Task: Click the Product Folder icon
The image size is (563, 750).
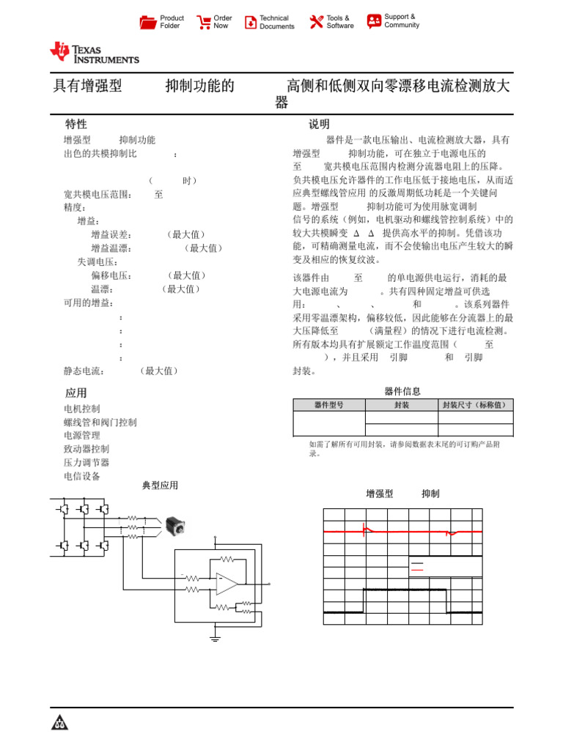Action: [x=148, y=22]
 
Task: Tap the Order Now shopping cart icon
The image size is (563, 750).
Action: [x=203, y=22]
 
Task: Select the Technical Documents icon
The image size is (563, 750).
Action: [x=251, y=22]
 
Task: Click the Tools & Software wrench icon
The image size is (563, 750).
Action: [x=316, y=22]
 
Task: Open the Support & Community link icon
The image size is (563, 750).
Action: [x=374, y=21]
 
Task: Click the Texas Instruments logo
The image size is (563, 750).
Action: [x=94, y=52]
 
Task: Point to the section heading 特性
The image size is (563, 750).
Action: [x=76, y=125]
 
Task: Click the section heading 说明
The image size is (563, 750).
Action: [x=319, y=125]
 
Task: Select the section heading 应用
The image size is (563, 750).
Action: [x=76, y=393]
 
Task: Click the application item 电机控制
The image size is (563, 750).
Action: [x=82, y=409]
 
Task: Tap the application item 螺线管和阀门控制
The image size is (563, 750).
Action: [x=100, y=423]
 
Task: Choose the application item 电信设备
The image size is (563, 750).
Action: [x=82, y=476]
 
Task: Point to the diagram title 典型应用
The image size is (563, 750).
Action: [x=160, y=486]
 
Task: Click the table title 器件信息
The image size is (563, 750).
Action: [x=402, y=392]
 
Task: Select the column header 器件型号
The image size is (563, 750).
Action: [x=328, y=405]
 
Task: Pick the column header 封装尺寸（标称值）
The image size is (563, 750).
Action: [x=475, y=405]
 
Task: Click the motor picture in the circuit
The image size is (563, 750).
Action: [x=174, y=524]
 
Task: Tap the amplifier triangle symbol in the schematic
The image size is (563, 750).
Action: [x=227, y=583]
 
